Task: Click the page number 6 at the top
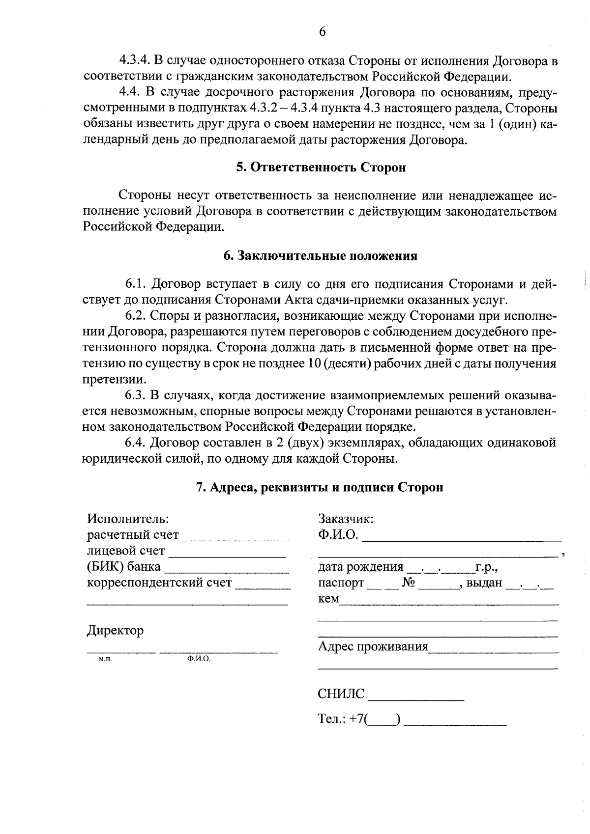(322, 32)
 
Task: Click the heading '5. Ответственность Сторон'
(321, 167)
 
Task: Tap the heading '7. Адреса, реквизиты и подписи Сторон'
(320, 487)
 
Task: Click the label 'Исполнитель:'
(128, 519)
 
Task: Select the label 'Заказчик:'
(346, 519)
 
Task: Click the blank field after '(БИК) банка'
(226, 571)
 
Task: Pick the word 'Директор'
(116, 630)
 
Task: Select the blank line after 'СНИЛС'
(415, 697)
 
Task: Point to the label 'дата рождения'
(360, 567)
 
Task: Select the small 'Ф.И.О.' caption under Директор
(199, 659)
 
